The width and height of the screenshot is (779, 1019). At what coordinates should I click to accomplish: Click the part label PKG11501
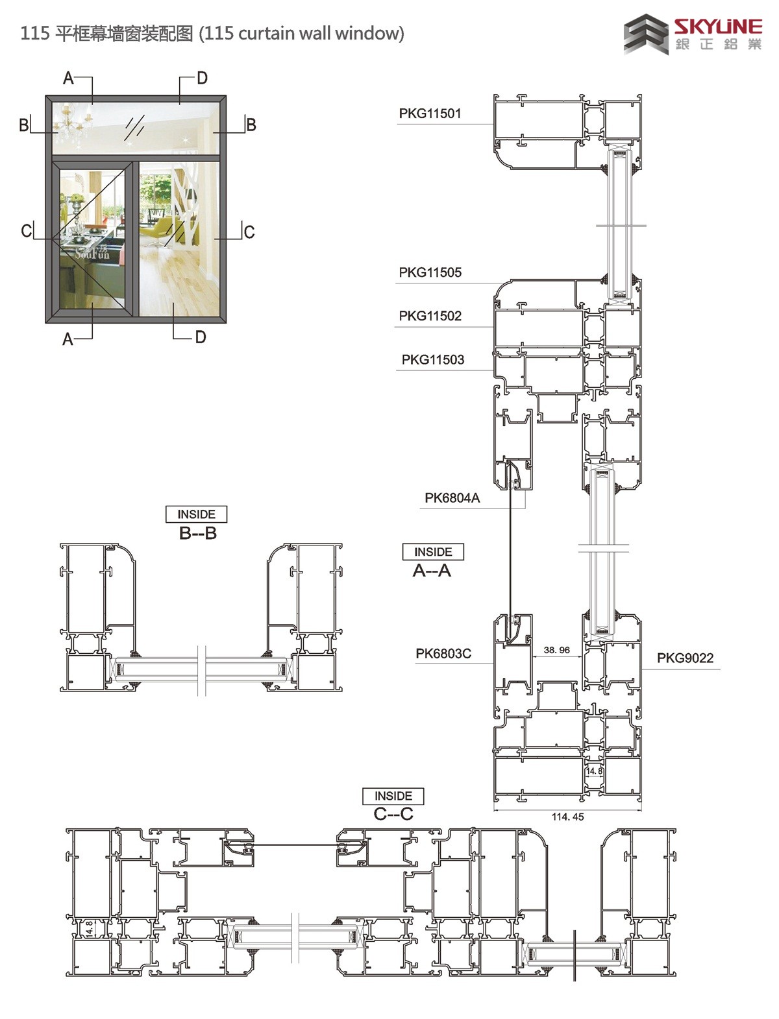click(430, 114)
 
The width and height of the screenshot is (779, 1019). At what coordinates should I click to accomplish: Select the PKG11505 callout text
click(430, 272)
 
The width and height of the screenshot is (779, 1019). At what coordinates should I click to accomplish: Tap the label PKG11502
click(430, 316)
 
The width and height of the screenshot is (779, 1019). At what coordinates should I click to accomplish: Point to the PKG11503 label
click(432, 360)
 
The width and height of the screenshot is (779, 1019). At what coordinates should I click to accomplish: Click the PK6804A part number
click(452, 498)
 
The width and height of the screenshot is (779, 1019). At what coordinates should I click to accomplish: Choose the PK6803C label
click(443, 654)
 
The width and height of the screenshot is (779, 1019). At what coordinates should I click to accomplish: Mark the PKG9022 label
click(685, 658)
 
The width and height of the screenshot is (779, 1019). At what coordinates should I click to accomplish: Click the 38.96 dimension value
click(556, 650)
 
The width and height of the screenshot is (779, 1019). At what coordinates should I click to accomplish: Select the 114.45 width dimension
click(567, 817)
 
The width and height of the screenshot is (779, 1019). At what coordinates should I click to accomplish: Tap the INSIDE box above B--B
click(196, 514)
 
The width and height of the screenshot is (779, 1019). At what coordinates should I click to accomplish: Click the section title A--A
click(432, 571)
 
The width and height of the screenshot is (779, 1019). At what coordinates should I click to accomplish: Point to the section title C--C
click(393, 814)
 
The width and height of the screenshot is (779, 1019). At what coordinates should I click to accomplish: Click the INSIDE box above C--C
click(393, 796)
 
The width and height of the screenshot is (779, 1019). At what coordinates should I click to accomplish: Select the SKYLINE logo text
click(718, 27)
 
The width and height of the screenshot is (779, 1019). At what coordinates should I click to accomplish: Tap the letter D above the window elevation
click(202, 78)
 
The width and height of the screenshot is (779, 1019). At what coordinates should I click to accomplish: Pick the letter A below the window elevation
click(68, 339)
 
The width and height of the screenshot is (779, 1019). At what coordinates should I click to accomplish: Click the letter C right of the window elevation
click(249, 232)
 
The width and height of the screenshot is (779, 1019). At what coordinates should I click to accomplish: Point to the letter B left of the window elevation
click(23, 125)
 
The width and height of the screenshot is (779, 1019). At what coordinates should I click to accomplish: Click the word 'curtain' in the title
click(267, 34)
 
